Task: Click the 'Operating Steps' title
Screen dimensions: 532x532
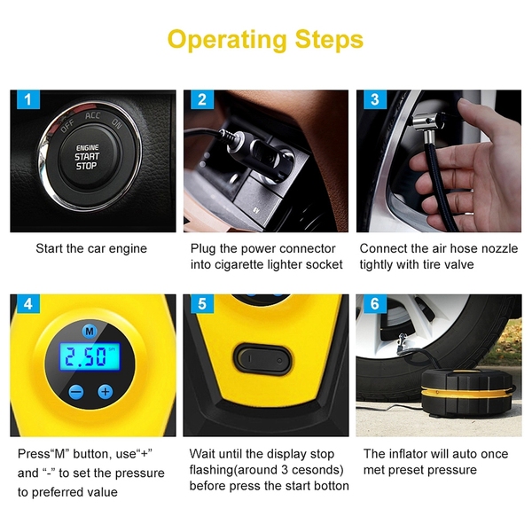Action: (x=265, y=40)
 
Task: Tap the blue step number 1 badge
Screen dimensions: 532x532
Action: (x=27, y=99)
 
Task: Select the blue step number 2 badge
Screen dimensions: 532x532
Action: (x=202, y=99)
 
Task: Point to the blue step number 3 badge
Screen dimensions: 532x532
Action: (x=374, y=99)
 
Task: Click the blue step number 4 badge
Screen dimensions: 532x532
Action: (x=28, y=303)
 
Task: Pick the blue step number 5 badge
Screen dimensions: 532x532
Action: (x=202, y=303)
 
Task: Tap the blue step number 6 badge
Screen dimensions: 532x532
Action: (x=375, y=303)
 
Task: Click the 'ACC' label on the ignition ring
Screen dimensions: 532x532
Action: (x=92, y=115)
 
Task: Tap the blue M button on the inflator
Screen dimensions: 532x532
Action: (x=90, y=331)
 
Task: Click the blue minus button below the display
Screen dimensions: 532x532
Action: (x=76, y=392)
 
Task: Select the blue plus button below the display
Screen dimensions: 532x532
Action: (x=106, y=392)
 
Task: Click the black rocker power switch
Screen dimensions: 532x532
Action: (x=263, y=359)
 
